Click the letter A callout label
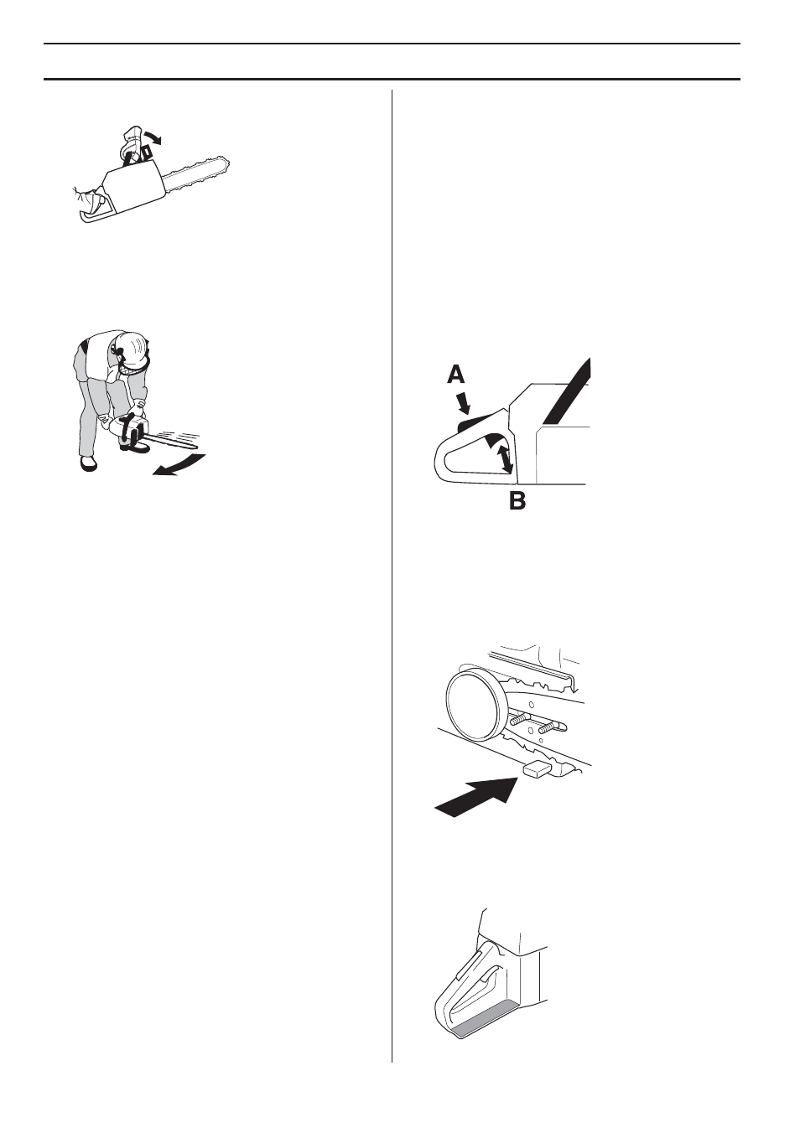(455, 373)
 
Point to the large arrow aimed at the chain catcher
(475, 795)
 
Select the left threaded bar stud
(521, 717)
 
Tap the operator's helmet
(132, 344)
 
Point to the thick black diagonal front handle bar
(566, 390)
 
